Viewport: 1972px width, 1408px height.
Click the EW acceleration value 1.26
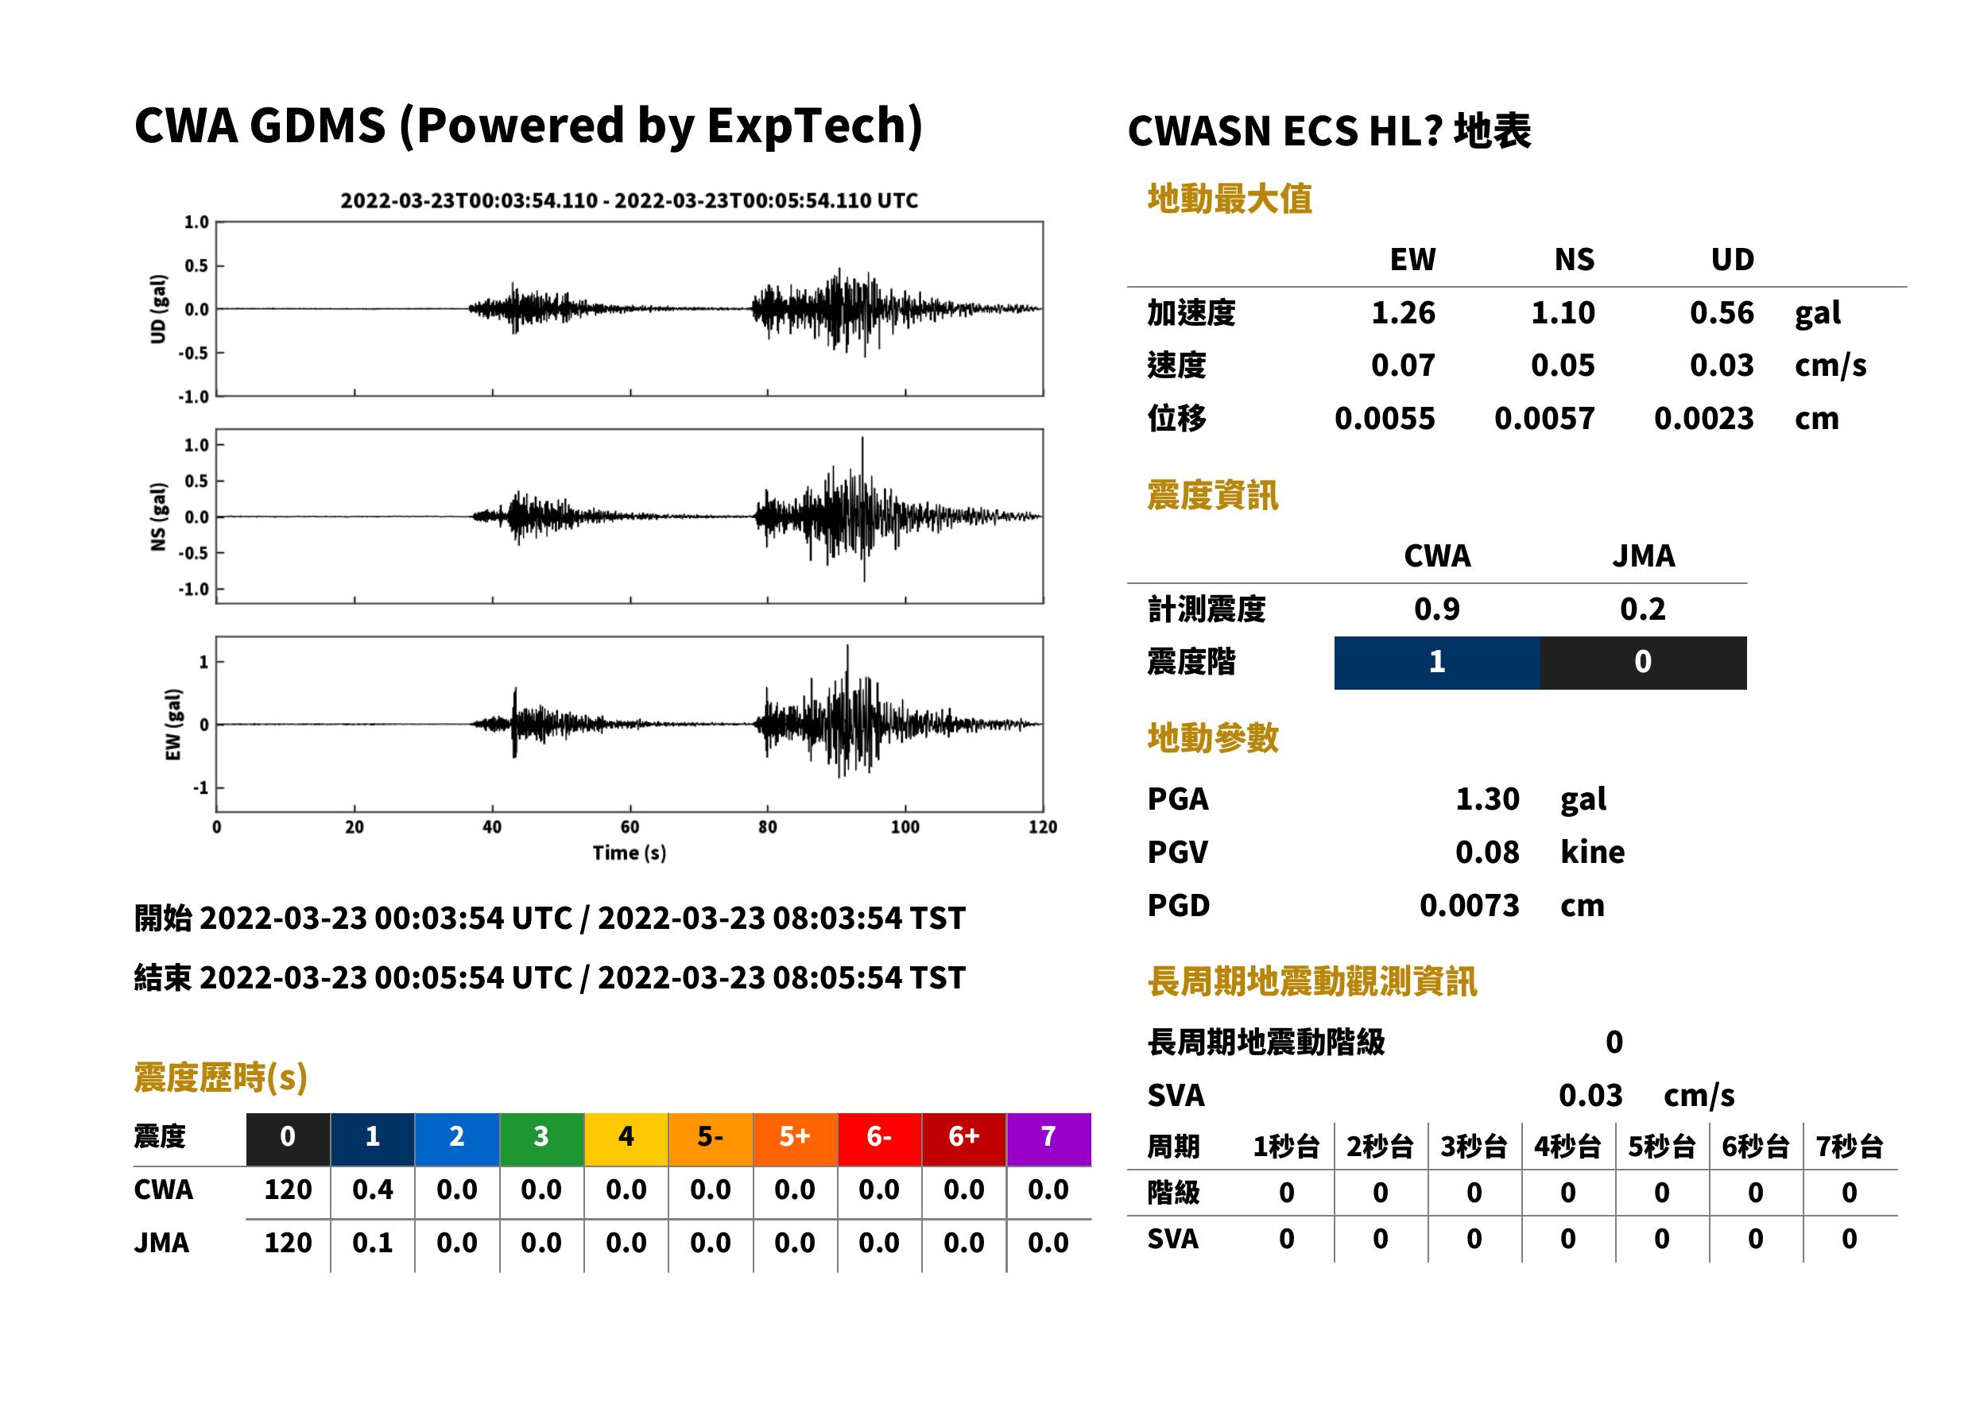(1402, 312)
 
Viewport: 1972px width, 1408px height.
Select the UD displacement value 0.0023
(1703, 419)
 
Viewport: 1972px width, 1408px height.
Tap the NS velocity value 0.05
(1562, 365)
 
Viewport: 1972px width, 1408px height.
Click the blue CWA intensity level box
(1437, 663)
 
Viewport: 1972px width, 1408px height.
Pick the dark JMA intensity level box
(1644, 663)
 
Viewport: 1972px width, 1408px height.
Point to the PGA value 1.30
(1487, 799)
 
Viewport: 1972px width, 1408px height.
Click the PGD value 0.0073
(1469, 905)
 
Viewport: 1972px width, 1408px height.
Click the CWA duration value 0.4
(372, 1189)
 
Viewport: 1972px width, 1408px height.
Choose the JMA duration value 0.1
(372, 1243)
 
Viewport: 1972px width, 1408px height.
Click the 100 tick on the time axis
(905, 827)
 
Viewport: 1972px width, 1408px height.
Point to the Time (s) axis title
(630, 853)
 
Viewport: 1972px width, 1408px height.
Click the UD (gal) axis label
(158, 308)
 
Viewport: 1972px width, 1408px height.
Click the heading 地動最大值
(1230, 199)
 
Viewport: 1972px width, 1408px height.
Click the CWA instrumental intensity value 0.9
(1437, 609)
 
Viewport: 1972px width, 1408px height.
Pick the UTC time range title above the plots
(630, 200)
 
